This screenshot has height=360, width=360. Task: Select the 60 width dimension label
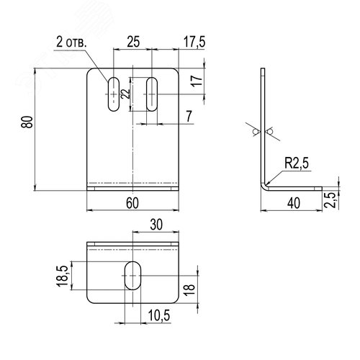coord(132,203)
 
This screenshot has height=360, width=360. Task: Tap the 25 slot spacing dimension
coord(133,42)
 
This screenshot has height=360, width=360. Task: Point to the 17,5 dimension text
coord(194,42)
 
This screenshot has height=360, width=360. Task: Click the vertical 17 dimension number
coord(197,81)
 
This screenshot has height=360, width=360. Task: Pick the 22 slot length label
coord(125,94)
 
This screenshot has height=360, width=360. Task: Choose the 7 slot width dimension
coord(189,116)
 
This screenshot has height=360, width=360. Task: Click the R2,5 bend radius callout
coord(297,163)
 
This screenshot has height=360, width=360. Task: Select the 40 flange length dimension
coord(294,203)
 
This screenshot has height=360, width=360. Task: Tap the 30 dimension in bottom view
coord(156,225)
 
